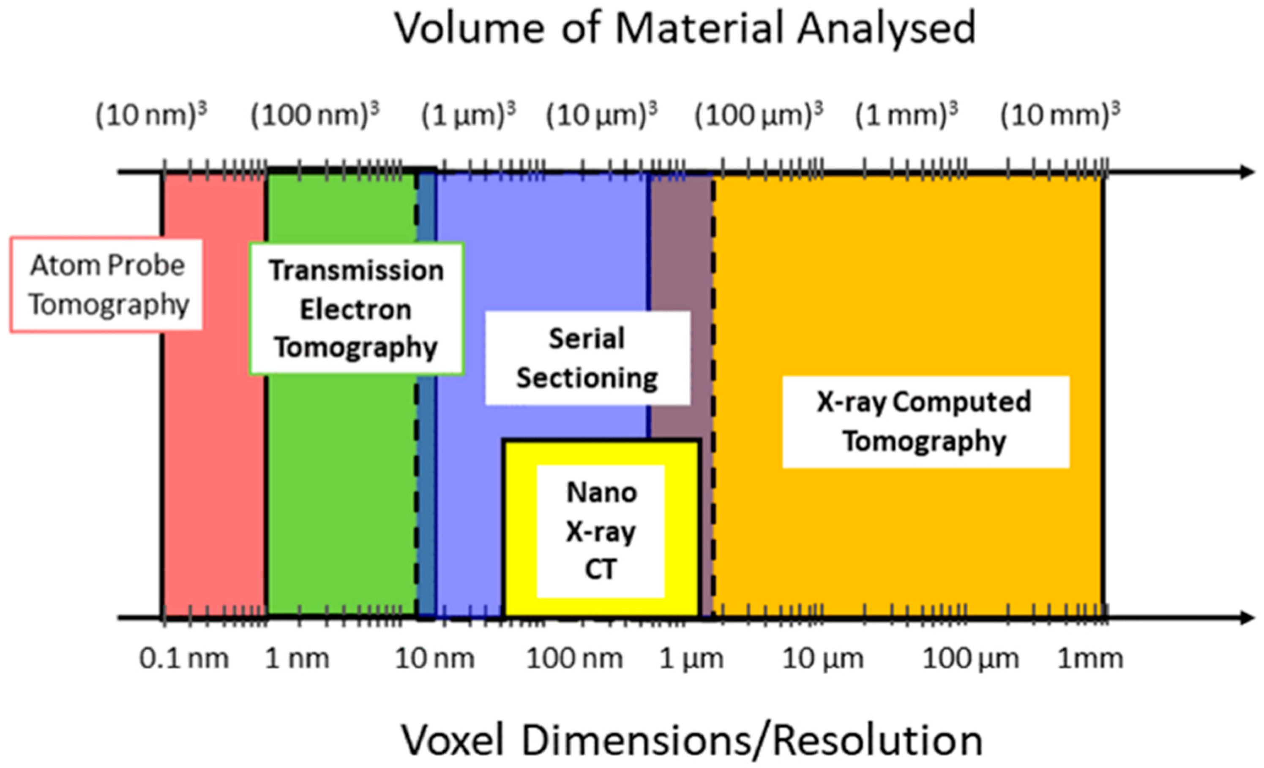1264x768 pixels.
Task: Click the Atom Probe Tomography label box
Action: pyautogui.click(x=106, y=285)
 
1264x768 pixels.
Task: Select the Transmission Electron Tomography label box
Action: pyautogui.click(x=357, y=309)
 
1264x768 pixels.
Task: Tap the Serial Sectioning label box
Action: pyautogui.click(x=587, y=358)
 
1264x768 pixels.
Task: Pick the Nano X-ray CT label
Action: pyautogui.click(x=601, y=531)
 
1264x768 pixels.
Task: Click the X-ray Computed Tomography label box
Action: pyautogui.click(x=925, y=422)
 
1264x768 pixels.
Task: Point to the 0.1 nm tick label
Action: pyautogui.click(x=184, y=658)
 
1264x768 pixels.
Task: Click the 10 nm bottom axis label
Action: pyautogui.click(x=434, y=658)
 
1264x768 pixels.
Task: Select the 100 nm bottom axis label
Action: pyautogui.click(x=575, y=658)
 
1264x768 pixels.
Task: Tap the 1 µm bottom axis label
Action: pyautogui.click(x=691, y=658)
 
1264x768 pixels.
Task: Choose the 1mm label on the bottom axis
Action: pyautogui.click(x=1090, y=658)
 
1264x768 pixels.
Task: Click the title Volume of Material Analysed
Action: pyautogui.click(x=685, y=28)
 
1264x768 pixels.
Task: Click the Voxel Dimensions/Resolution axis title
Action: pyautogui.click(x=691, y=740)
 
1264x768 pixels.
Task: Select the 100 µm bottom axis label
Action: pyautogui.click(x=971, y=658)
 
